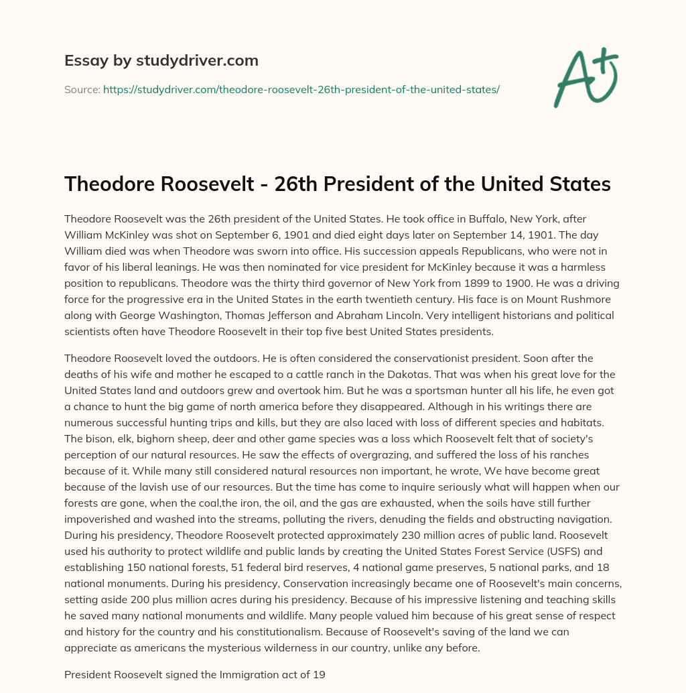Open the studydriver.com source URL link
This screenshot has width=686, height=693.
(x=301, y=88)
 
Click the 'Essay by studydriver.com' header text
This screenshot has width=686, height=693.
(x=161, y=61)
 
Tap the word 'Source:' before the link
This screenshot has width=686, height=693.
(x=82, y=88)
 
